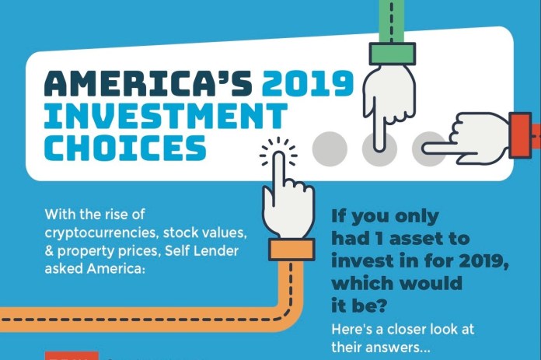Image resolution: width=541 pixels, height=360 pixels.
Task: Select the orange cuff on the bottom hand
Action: tap(291, 250)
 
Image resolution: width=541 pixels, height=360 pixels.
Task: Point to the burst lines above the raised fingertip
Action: tap(277, 149)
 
